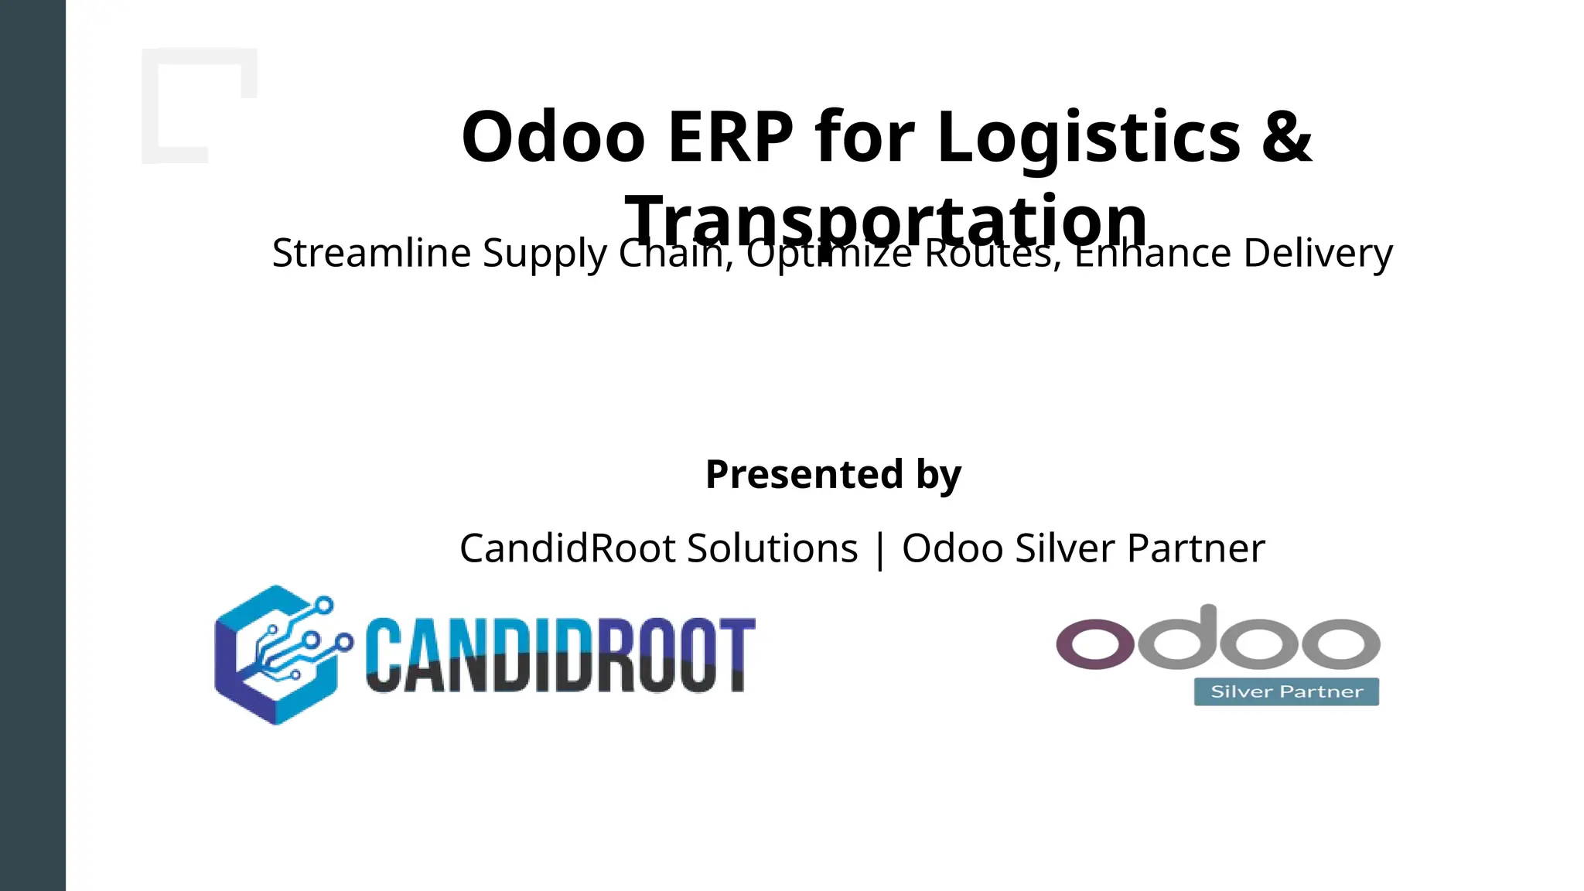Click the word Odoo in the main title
click(553, 137)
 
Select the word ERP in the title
click(730, 137)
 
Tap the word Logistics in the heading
click(1089, 137)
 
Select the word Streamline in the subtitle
click(371, 253)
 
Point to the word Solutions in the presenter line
click(772, 548)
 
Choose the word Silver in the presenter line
click(1065, 548)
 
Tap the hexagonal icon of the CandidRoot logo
click(278, 654)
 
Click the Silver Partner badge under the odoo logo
click(1286, 691)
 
